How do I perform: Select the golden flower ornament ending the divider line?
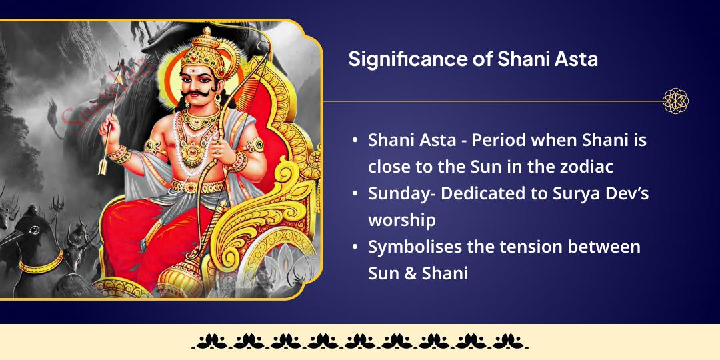[x=675, y=101]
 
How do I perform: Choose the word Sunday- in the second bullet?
[x=400, y=194]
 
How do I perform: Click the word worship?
[x=401, y=220]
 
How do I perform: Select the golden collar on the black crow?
[x=40, y=266]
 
